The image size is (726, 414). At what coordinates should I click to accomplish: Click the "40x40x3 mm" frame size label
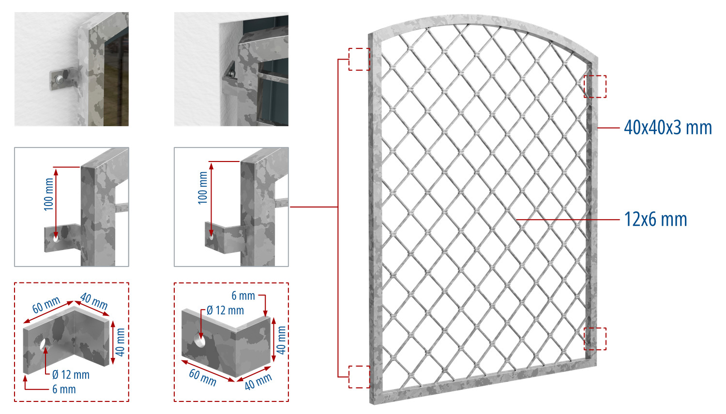667,128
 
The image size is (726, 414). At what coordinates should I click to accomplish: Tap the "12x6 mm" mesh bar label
655,219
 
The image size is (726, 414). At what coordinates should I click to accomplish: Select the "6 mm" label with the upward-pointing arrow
64,389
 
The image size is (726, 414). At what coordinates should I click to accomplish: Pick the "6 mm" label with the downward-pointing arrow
243,296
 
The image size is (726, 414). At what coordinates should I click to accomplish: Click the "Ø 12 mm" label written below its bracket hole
71,375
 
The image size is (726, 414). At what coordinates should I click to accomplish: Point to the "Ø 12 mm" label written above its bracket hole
225,310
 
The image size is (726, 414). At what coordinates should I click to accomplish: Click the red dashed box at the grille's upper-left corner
359,59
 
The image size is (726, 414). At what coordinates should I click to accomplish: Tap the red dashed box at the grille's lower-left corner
359,377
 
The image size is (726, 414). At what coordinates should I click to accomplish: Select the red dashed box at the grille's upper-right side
595,87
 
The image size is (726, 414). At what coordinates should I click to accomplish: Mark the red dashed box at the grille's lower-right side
595,339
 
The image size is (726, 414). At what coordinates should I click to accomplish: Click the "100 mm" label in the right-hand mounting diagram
203,188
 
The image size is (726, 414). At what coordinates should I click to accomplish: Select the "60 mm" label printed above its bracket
46,305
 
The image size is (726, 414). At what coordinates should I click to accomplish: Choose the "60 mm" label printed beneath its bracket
203,377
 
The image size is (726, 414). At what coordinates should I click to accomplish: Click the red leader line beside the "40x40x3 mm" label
608,128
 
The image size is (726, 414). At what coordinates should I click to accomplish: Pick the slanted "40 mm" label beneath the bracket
258,382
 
